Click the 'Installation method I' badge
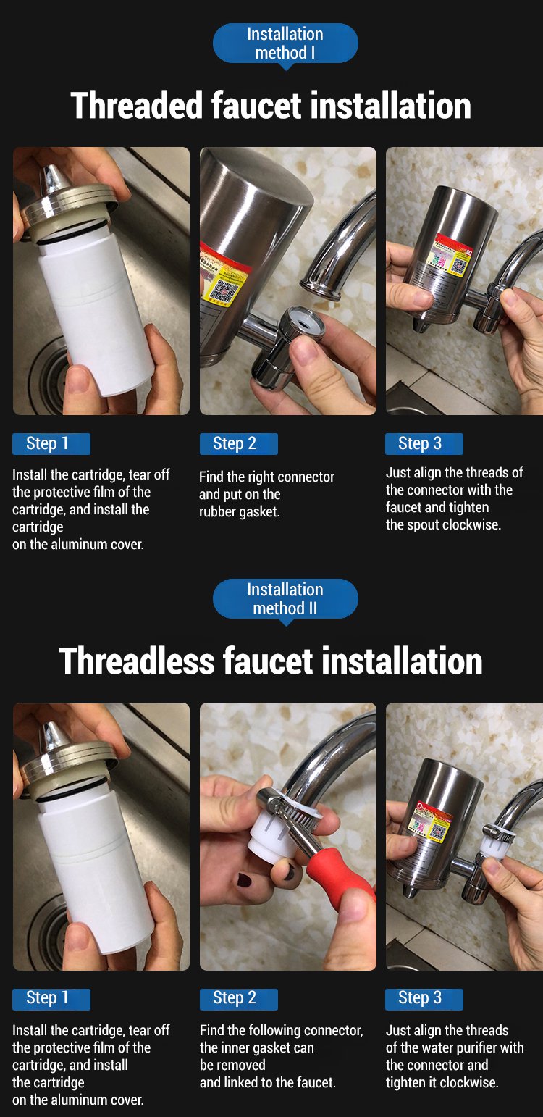tap(285, 44)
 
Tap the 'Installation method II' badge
tap(285, 599)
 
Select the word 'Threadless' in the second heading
tap(137, 661)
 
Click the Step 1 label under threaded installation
tap(51, 444)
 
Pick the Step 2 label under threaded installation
tap(238, 444)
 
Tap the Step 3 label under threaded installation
tap(424, 444)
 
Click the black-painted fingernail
tap(244, 879)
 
